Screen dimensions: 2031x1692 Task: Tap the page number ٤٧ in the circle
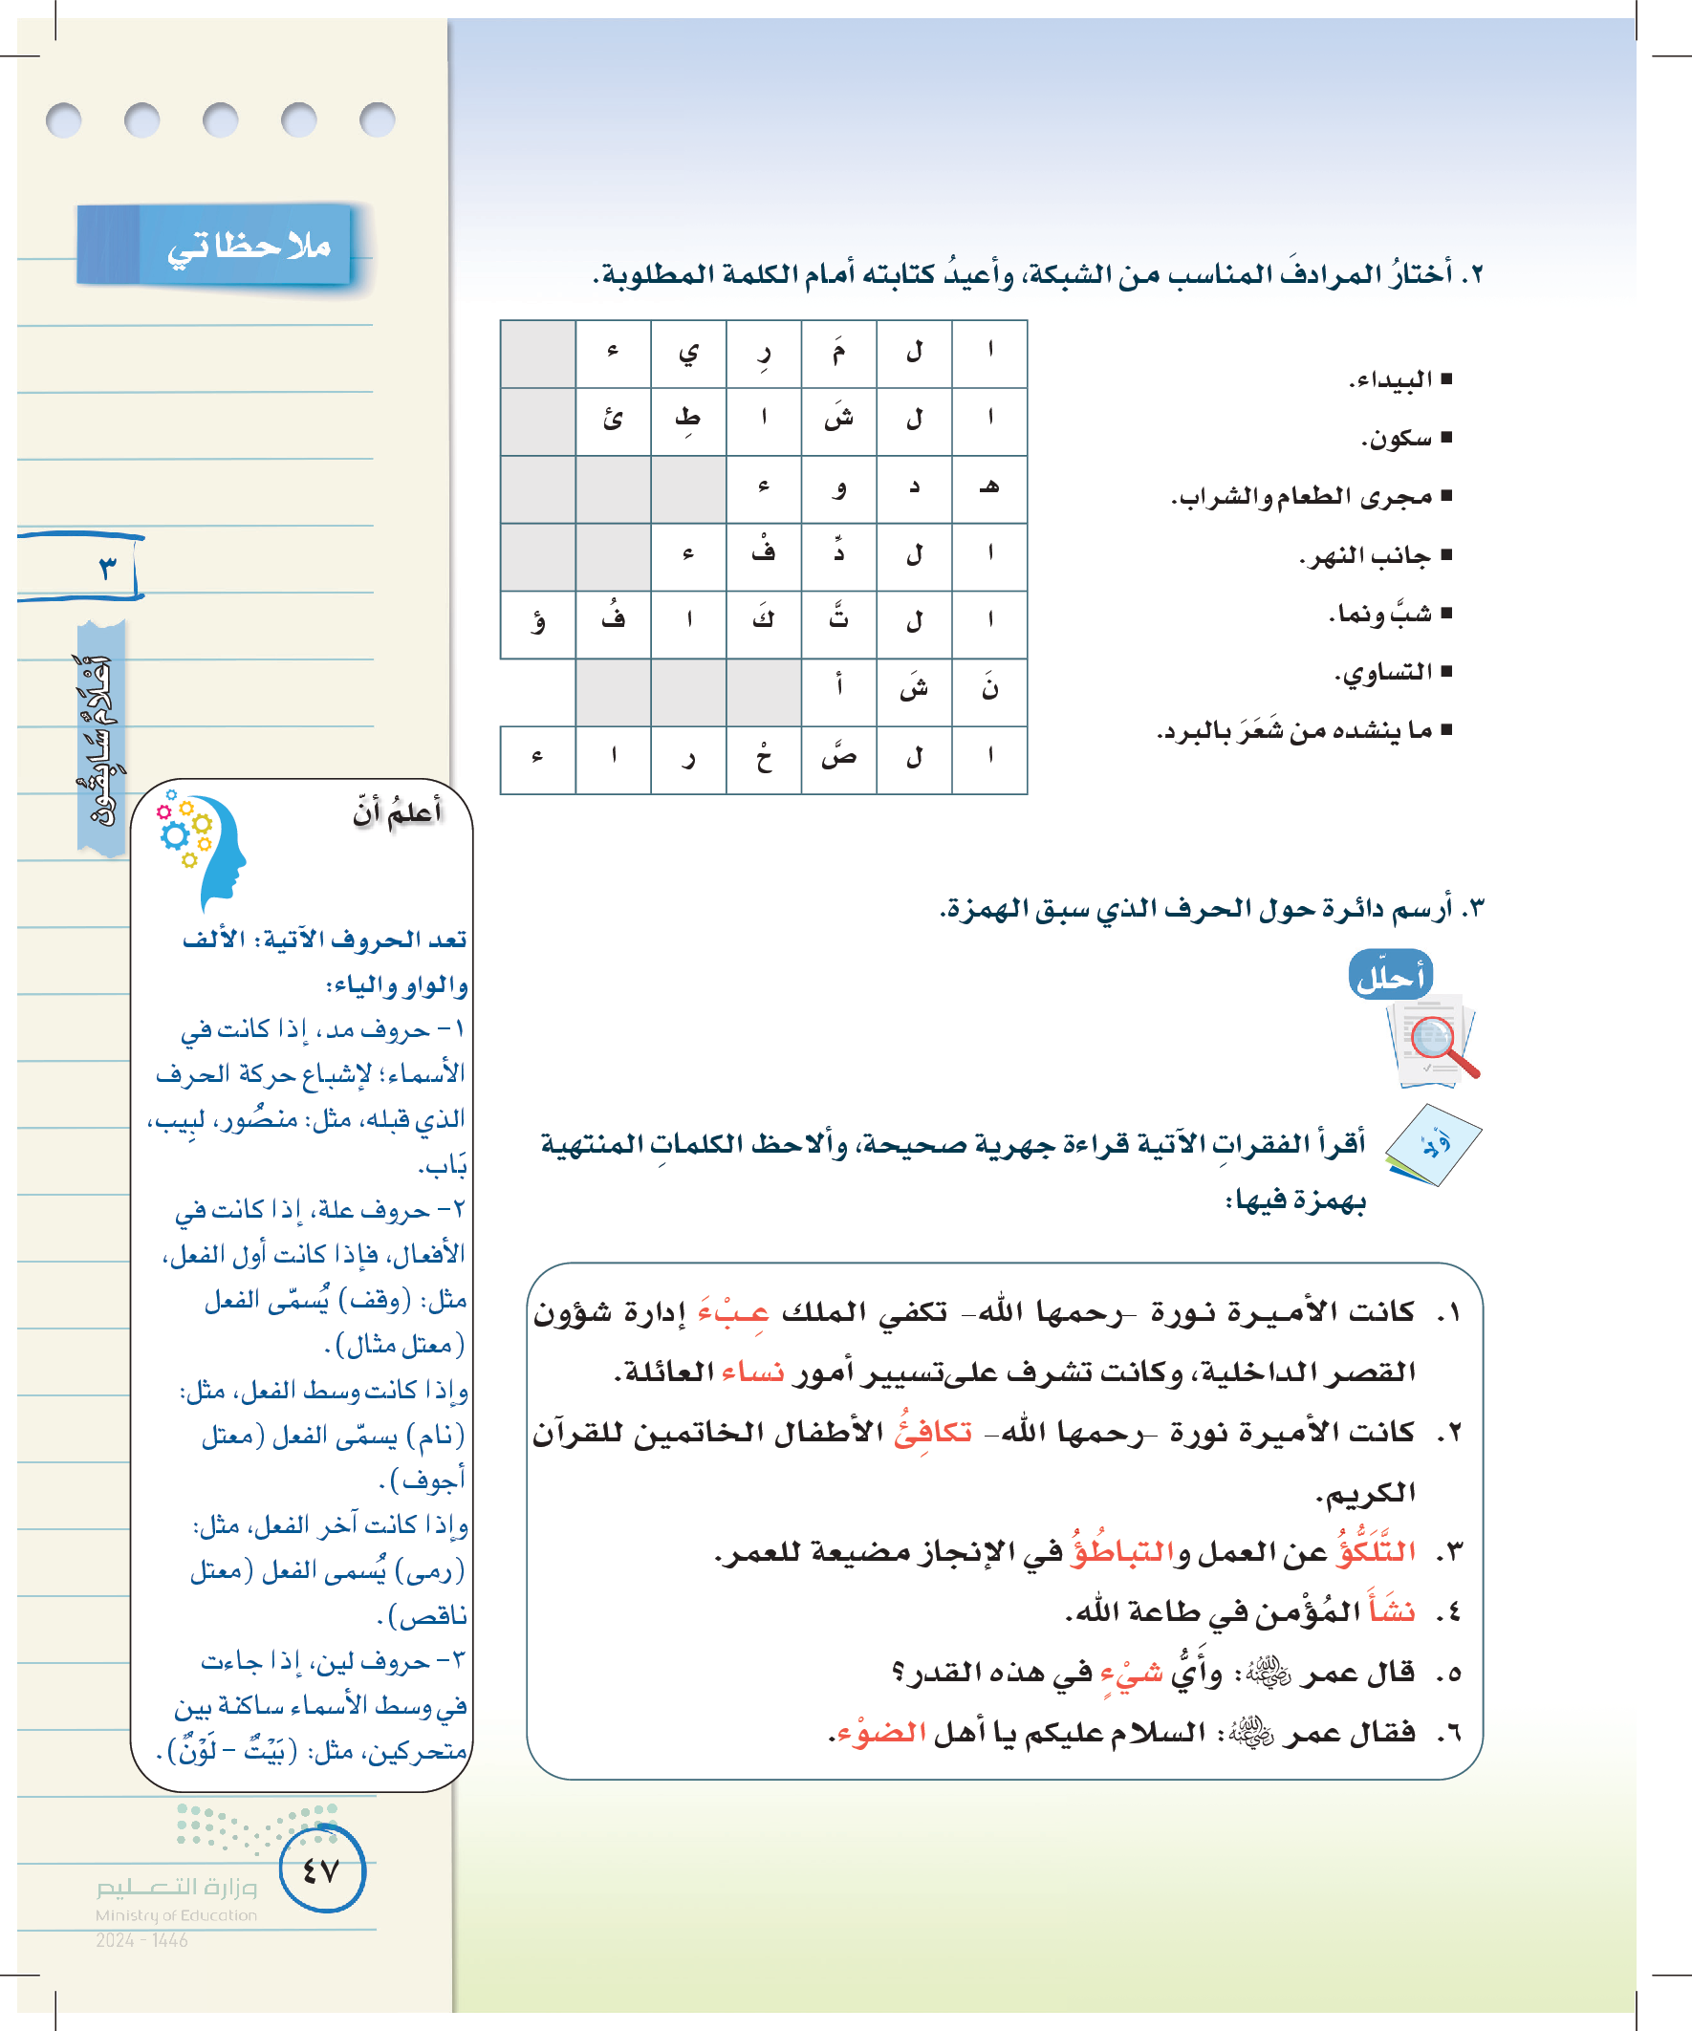[x=321, y=1870]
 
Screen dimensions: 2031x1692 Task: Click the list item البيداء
[x=1393, y=380]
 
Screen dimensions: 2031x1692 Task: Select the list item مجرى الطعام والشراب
[x=1306, y=497]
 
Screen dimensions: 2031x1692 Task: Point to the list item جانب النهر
[x=1370, y=556]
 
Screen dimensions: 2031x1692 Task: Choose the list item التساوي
[x=1387, y=672]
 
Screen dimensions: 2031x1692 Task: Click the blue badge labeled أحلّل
[x=1390, y=976]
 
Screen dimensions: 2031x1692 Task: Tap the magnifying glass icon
[x=1437, y=1044]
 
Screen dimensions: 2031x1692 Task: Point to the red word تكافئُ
[x=933, y=1433]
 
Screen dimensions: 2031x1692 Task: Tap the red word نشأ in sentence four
[x=1391, y=1611]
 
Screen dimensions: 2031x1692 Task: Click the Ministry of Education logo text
[x=176, y=1900]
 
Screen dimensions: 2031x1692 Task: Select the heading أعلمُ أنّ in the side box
[x=398, y=812]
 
